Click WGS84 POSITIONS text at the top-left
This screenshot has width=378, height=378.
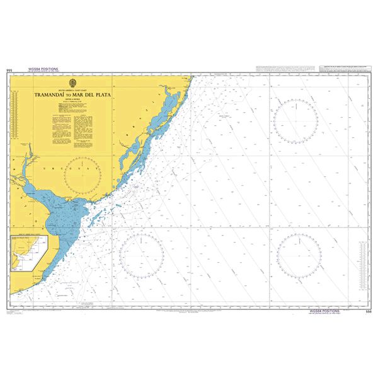(43, 68)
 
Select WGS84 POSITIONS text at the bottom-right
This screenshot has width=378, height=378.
(325, 311)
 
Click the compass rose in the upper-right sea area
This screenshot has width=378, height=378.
(295, 121)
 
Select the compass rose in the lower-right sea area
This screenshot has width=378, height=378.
(299, 255)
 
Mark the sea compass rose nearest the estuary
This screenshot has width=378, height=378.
(141, 255)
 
